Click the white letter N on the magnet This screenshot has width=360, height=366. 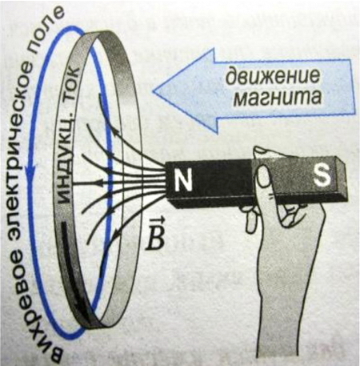coord(183,180)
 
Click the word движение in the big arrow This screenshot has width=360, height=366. coord(272,75)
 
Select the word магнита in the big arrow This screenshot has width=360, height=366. coord(277,97)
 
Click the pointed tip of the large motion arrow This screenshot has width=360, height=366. coord(154,91)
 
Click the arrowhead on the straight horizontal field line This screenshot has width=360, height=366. coord(98,183)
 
